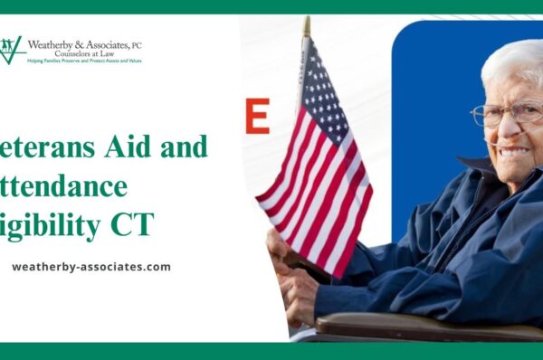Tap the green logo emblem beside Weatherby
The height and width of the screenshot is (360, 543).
[12, 50]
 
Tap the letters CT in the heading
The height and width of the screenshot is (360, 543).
[142, 225]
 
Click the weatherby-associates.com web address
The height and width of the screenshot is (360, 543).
[90, 267]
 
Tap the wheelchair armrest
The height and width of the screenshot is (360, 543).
[425, 327]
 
